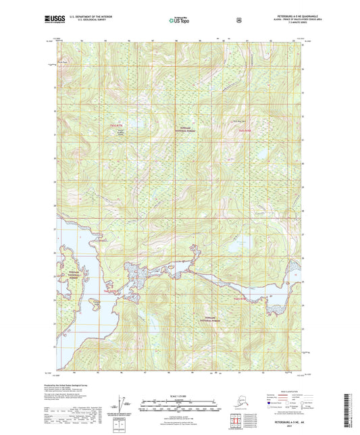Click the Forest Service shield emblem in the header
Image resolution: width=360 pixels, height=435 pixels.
pyautogui.click(x=237, y=20)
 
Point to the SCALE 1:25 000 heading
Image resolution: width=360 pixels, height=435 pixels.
pyautogui.click(x=180, y=394)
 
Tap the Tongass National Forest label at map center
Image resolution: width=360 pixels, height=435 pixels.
pyautogui.click(x=186, y=133)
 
